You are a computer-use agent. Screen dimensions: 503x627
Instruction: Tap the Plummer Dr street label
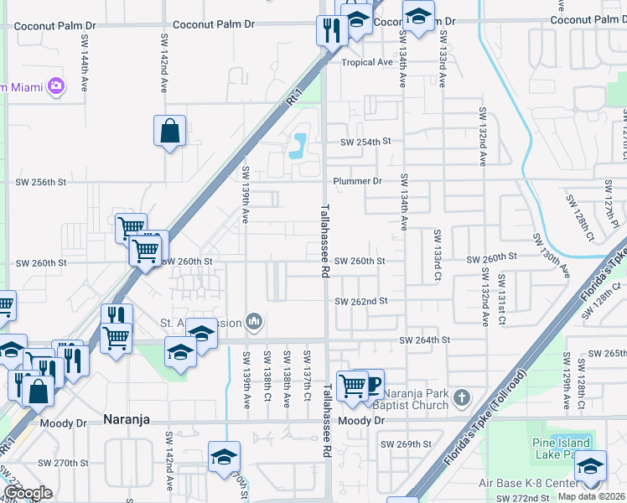pos(357,181)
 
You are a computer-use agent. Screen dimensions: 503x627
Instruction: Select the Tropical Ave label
pos(367,62)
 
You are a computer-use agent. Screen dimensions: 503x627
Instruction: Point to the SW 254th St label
pos(365,142)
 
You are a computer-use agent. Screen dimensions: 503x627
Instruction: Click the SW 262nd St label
pos(361,301)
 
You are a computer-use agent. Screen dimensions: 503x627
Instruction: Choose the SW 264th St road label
pos(425,340)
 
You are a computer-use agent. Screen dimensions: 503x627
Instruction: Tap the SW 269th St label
pos(406,443)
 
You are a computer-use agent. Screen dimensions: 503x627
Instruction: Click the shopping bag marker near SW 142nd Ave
pos(169,132)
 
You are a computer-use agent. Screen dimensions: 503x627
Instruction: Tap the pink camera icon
pos(56,86)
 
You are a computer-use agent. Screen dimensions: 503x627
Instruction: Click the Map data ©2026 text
pos(591,496)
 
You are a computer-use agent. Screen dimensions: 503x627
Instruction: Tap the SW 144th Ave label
pos(85,52)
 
